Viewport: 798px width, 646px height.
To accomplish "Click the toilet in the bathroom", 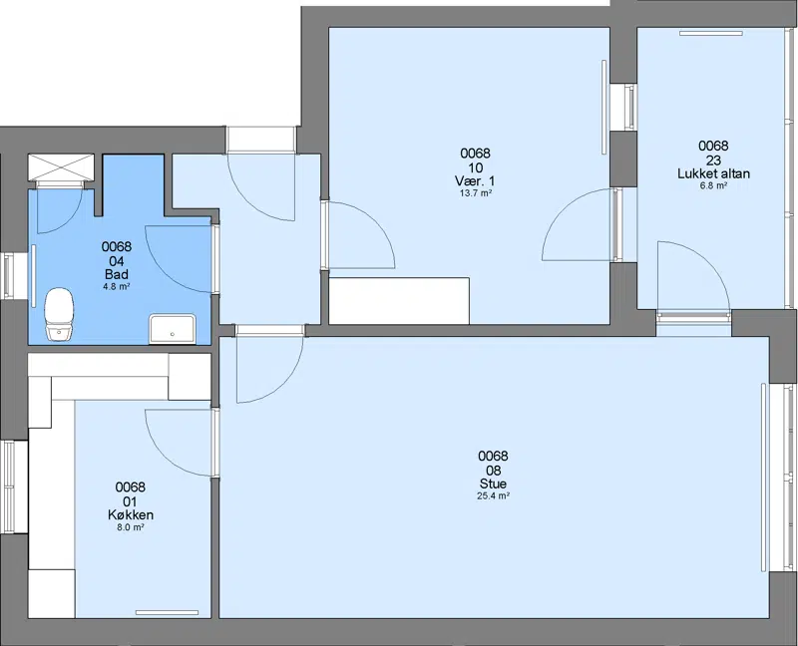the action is [60, 314].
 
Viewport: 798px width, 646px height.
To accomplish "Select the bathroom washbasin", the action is [172, 329].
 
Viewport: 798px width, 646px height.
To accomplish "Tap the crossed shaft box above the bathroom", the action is [61, 166].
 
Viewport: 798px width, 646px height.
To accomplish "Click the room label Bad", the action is [117, 275].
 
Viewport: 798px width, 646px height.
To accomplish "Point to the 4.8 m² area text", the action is [117, 286].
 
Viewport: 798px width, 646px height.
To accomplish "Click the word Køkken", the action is [131, 515].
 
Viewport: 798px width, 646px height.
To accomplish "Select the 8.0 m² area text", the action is [131, 527].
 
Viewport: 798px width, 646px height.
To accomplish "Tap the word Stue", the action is [493, 484].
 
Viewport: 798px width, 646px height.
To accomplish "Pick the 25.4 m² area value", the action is [493, 495].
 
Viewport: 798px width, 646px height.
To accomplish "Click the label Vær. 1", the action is [475, 181].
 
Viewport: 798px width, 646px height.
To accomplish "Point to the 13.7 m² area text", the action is [475, 193].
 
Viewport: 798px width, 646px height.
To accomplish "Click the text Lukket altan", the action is [713, 173].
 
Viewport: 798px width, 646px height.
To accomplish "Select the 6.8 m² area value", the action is [713, 185].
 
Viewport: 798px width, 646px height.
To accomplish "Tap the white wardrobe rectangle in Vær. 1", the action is [399, 301].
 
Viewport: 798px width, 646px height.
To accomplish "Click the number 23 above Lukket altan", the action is [713, 161].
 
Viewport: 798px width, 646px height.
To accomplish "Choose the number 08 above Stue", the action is [493, 470].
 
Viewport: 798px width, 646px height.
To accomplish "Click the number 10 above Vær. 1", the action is [475, 167].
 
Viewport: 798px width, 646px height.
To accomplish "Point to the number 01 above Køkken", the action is [131, 501].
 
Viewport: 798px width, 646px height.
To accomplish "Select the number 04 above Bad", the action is [117, 261].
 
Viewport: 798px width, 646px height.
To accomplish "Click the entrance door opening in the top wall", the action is [260, 140].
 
